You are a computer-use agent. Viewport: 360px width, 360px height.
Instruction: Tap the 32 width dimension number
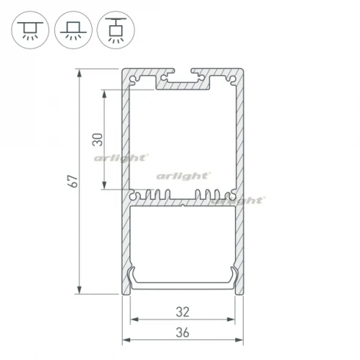click(182, 313)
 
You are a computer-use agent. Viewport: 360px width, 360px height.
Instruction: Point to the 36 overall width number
click(182, 333)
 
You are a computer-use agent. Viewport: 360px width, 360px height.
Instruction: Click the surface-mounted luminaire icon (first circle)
click(28, 30)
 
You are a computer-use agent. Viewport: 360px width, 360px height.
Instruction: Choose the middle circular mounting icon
click(71, 30)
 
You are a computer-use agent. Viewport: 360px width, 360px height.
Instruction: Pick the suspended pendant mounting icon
click(114, 30)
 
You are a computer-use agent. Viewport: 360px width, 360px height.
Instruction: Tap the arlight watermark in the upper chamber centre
click(182, 175)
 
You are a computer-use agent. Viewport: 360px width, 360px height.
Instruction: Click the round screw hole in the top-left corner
click(137, 78)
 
